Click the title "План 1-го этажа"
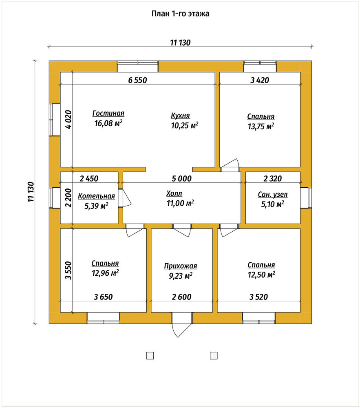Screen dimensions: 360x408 pyautogui.click(x=180, y=13)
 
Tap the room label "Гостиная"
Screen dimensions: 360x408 pyautogui.click(x=108, y=113)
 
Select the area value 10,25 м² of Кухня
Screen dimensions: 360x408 pyautogui.click(x=185, y=125)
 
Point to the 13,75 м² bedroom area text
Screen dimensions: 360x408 pyautogui.click(x=261, y=126)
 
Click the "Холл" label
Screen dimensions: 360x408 pyautogui.click(x=174, y=193)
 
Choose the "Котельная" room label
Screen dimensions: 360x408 pyautogui.click(x=97, y=196)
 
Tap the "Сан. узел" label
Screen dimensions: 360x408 pyautogui.click(x=273, y=195)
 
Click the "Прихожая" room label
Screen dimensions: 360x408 pyautogui.click(x=180, y=266)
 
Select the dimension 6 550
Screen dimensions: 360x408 pyautogui.click(x=137, y=80)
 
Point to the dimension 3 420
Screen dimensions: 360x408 pyautogui.click(x=260, y=80)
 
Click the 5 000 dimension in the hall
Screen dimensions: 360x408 pyautogui.click(x=182, y=179)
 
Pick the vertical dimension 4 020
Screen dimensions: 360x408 pyautogui.click(x=68, y=120)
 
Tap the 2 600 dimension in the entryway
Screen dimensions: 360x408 pyautogui.click(x=182, y=297)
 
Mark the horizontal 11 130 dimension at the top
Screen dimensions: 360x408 pyautogui.click(x=180, y=42)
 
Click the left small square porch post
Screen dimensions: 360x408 pyautogui.click(x=150, y=355)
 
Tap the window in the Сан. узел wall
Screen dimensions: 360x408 pyautogui.click(x=306, y=198)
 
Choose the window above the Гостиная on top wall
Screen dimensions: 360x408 pyautogui.click(x=137, y=67)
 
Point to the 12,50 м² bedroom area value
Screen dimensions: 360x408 pyautogui.click(x=261, y=275)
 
